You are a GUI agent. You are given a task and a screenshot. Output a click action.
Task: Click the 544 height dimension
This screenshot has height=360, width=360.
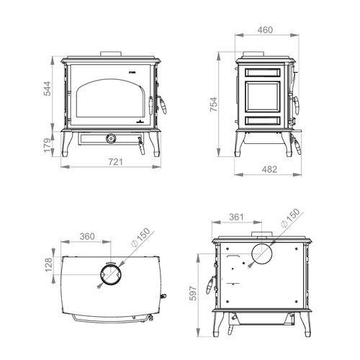click(48, 89)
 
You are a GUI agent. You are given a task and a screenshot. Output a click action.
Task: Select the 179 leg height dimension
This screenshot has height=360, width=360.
click(48, 145)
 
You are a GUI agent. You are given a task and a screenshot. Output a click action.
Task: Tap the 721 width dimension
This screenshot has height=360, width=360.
click(116, 162)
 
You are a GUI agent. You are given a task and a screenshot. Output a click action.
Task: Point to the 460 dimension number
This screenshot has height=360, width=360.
click(265, 30)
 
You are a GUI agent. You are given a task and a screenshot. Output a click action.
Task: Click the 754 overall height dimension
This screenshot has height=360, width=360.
click(214, 104)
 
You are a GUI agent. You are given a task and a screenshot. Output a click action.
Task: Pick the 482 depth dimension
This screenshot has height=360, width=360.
click(269, 169)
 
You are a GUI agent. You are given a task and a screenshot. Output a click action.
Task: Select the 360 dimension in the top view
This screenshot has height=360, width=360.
click(87, 236)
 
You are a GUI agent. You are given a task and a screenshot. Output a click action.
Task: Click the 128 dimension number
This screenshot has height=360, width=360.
click(48, 265)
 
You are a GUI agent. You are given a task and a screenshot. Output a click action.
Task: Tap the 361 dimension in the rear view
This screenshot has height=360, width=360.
click(236, 217)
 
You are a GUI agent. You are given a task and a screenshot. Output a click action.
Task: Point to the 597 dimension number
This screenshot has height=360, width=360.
click(193, 293)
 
